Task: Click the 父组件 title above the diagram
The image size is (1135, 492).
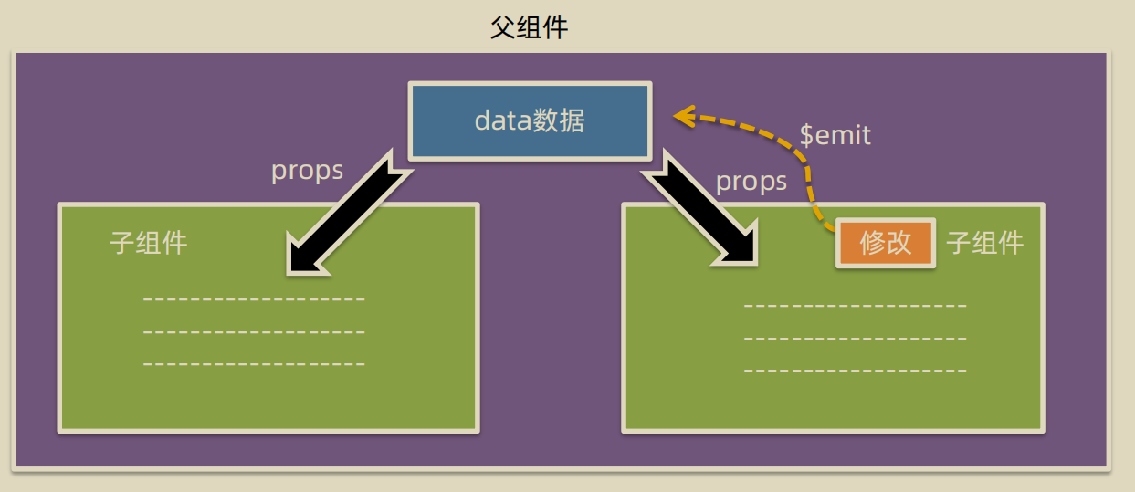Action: tap(530, 27)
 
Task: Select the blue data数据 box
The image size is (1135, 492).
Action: tap(530, 120)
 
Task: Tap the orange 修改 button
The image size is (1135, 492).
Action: tap(886, 243)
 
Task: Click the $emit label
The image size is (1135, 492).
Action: tap(835, 136)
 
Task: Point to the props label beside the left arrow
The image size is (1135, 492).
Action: tap(307, 171)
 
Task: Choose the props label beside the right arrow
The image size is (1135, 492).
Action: tap(751, 182)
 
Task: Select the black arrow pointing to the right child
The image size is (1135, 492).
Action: tap(703, 215)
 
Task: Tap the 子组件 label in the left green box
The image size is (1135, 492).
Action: tap(148, 243)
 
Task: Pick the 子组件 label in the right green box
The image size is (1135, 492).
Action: tap(984, 243)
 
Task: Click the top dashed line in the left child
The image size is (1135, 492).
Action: tap(254, 299)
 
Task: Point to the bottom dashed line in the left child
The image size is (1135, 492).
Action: tap(254, 364)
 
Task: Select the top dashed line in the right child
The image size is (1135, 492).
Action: tap(855, 306)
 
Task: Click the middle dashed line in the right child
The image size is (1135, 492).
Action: tap(855, 339)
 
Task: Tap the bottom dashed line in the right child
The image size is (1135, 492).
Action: tap(855, 371)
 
